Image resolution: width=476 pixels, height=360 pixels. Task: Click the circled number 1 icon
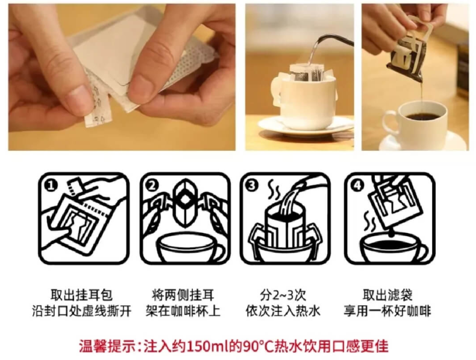pos(51,185)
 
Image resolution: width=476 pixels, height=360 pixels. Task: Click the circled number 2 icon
pos(152,185)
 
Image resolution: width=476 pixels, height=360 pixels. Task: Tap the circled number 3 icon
pos(252,185)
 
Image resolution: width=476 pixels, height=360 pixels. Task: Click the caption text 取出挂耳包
pos(81,295)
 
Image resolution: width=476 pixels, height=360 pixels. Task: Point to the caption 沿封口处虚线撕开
pos(81,311)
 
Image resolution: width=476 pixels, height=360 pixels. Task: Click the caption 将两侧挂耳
pos(183,295)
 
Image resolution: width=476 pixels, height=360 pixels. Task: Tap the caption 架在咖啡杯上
pos(183,311)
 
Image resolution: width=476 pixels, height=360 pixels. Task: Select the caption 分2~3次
pos(283,295)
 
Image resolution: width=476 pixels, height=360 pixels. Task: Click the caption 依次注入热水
pos(283,311)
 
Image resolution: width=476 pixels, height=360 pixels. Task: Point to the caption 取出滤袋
pos(387,295)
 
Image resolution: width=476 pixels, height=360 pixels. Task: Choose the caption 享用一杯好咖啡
pos(387,311)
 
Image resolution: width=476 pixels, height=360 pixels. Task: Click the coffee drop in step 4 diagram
pos(392,233)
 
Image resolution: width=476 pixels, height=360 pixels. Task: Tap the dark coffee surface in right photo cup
pos(423,116)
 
